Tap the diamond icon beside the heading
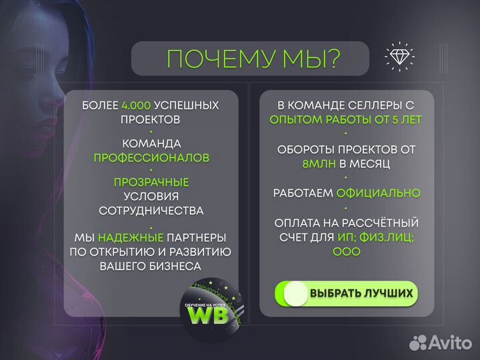399,57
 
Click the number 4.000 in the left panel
137,105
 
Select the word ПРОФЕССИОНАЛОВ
151,158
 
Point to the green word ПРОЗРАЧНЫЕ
151,182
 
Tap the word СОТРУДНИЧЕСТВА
151,211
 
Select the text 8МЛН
317,163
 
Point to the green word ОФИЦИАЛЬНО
378,193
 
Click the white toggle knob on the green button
295,293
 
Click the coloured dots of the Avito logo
418,343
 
